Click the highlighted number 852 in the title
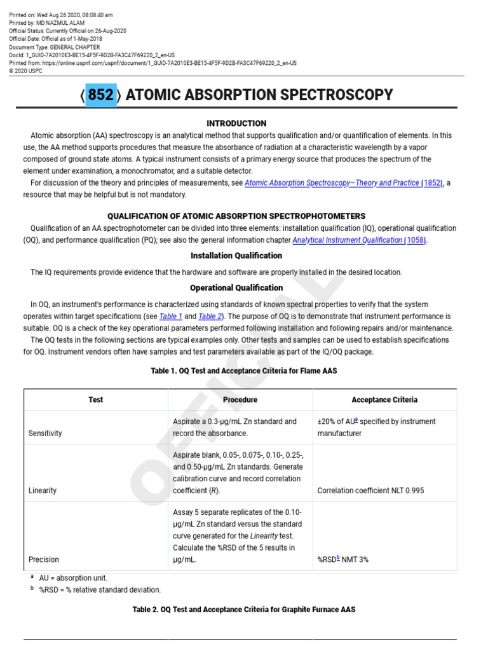pos(100,95)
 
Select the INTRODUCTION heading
pos(236,123)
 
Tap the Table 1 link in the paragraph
pos(171,316)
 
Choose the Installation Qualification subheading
pos(236,256)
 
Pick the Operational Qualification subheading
pos(236,288)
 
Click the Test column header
pos(96,400)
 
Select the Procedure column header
pos(240,400)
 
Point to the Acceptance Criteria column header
pos(384,400)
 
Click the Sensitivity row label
pos(45,434)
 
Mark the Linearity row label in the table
pos(43,491)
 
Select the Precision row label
pos(44,560)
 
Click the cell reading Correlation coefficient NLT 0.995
pos(370,491)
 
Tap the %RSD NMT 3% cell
pos(343,560)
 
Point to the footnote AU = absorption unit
pos(73,579)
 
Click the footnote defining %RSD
pos(100,590)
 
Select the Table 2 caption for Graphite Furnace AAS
pos(243,610)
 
